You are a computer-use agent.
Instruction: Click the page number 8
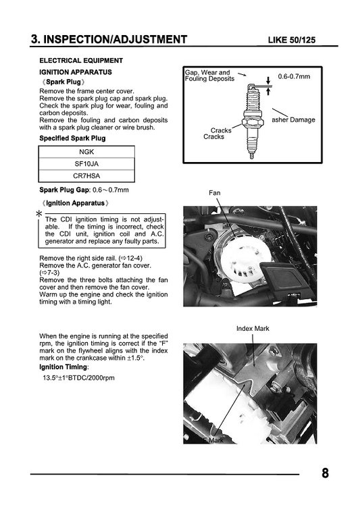coord(325,473)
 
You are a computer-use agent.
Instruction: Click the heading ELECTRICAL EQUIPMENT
coord(81,61)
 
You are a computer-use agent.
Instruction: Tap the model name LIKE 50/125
coord(299,40)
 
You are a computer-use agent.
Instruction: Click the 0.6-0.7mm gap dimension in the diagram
coord(294,77)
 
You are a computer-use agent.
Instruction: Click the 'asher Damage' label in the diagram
coord(293,119)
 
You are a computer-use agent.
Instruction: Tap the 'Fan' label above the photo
coord(214,193)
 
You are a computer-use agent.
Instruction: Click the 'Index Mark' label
coord(253,329)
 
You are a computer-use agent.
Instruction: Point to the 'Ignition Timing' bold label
coord(64,367)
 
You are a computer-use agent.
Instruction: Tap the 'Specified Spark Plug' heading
coord(72,138)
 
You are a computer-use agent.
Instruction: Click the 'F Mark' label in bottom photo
coord(212,439)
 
